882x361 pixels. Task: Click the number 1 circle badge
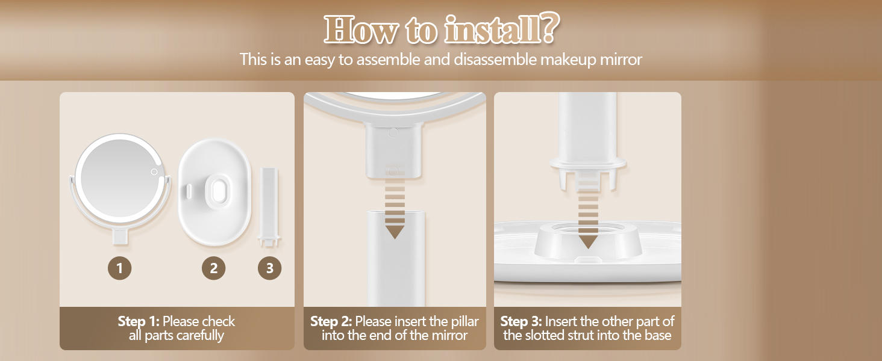tap(120, 268)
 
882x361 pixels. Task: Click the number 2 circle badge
tap(213, 268)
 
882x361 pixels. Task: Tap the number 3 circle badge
tap(269, 268)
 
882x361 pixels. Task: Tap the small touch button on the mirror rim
tap(154, 173)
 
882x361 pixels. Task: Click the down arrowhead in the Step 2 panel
tap(395, 232)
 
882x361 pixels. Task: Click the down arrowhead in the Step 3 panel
tap(587, 242)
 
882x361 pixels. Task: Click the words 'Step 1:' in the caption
tap(139, 321)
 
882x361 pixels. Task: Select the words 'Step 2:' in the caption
tap(331, 321)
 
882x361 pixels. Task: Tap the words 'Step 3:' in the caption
tap(522, 321)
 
